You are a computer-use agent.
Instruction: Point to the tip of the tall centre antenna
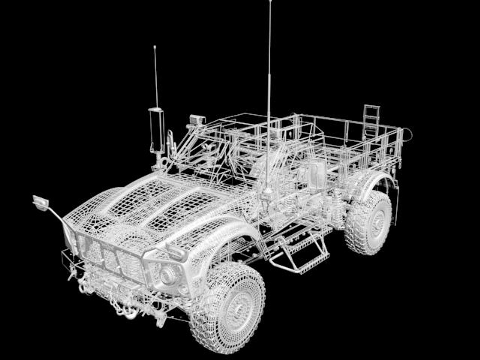[x=270, y=1]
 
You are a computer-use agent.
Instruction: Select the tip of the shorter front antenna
[x=155, y=47]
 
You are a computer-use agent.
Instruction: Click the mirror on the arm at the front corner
[x=40, y=202]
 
